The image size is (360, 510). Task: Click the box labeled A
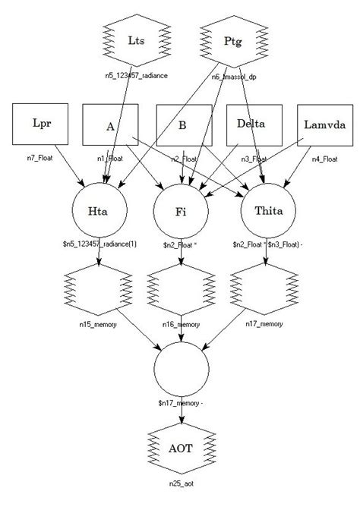(x=110, y=124)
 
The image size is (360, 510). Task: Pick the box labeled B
(x=182, y=124)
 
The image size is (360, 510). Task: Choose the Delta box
(x=252, y=124)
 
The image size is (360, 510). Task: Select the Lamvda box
(x=324, y=124)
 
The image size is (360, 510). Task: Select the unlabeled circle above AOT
(x=181, y=372)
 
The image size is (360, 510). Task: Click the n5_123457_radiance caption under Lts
(x=136, y=76)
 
